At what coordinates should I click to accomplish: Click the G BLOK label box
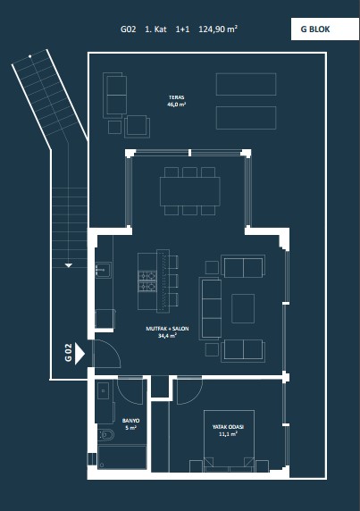tap(325, 29)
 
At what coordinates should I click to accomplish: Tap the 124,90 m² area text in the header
tap(218, 29)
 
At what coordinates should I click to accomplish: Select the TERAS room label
tap(177, 97)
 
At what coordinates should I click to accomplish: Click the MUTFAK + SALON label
tap(167, 329)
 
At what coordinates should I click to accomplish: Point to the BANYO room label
tap(131, 421)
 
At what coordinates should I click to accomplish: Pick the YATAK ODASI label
tap(228, 427)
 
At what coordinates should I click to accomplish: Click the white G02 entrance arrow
tap(80, 354)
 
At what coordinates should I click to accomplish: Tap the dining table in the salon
tap(190, 191)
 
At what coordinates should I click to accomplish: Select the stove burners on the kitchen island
tap(147, 281)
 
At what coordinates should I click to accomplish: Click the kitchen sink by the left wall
tap(104, 270)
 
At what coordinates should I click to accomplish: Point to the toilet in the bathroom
tap(106, 435)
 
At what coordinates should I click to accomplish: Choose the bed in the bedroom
tap(229, 440)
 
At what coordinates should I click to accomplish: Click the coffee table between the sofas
tap(243, 308)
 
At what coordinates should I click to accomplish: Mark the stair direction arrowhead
tap(69, 265)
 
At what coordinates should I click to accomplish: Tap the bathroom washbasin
tap(104, 390)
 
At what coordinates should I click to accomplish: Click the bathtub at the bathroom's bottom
tap(122, 457)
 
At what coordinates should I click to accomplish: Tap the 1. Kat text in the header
tap(155, 29)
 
